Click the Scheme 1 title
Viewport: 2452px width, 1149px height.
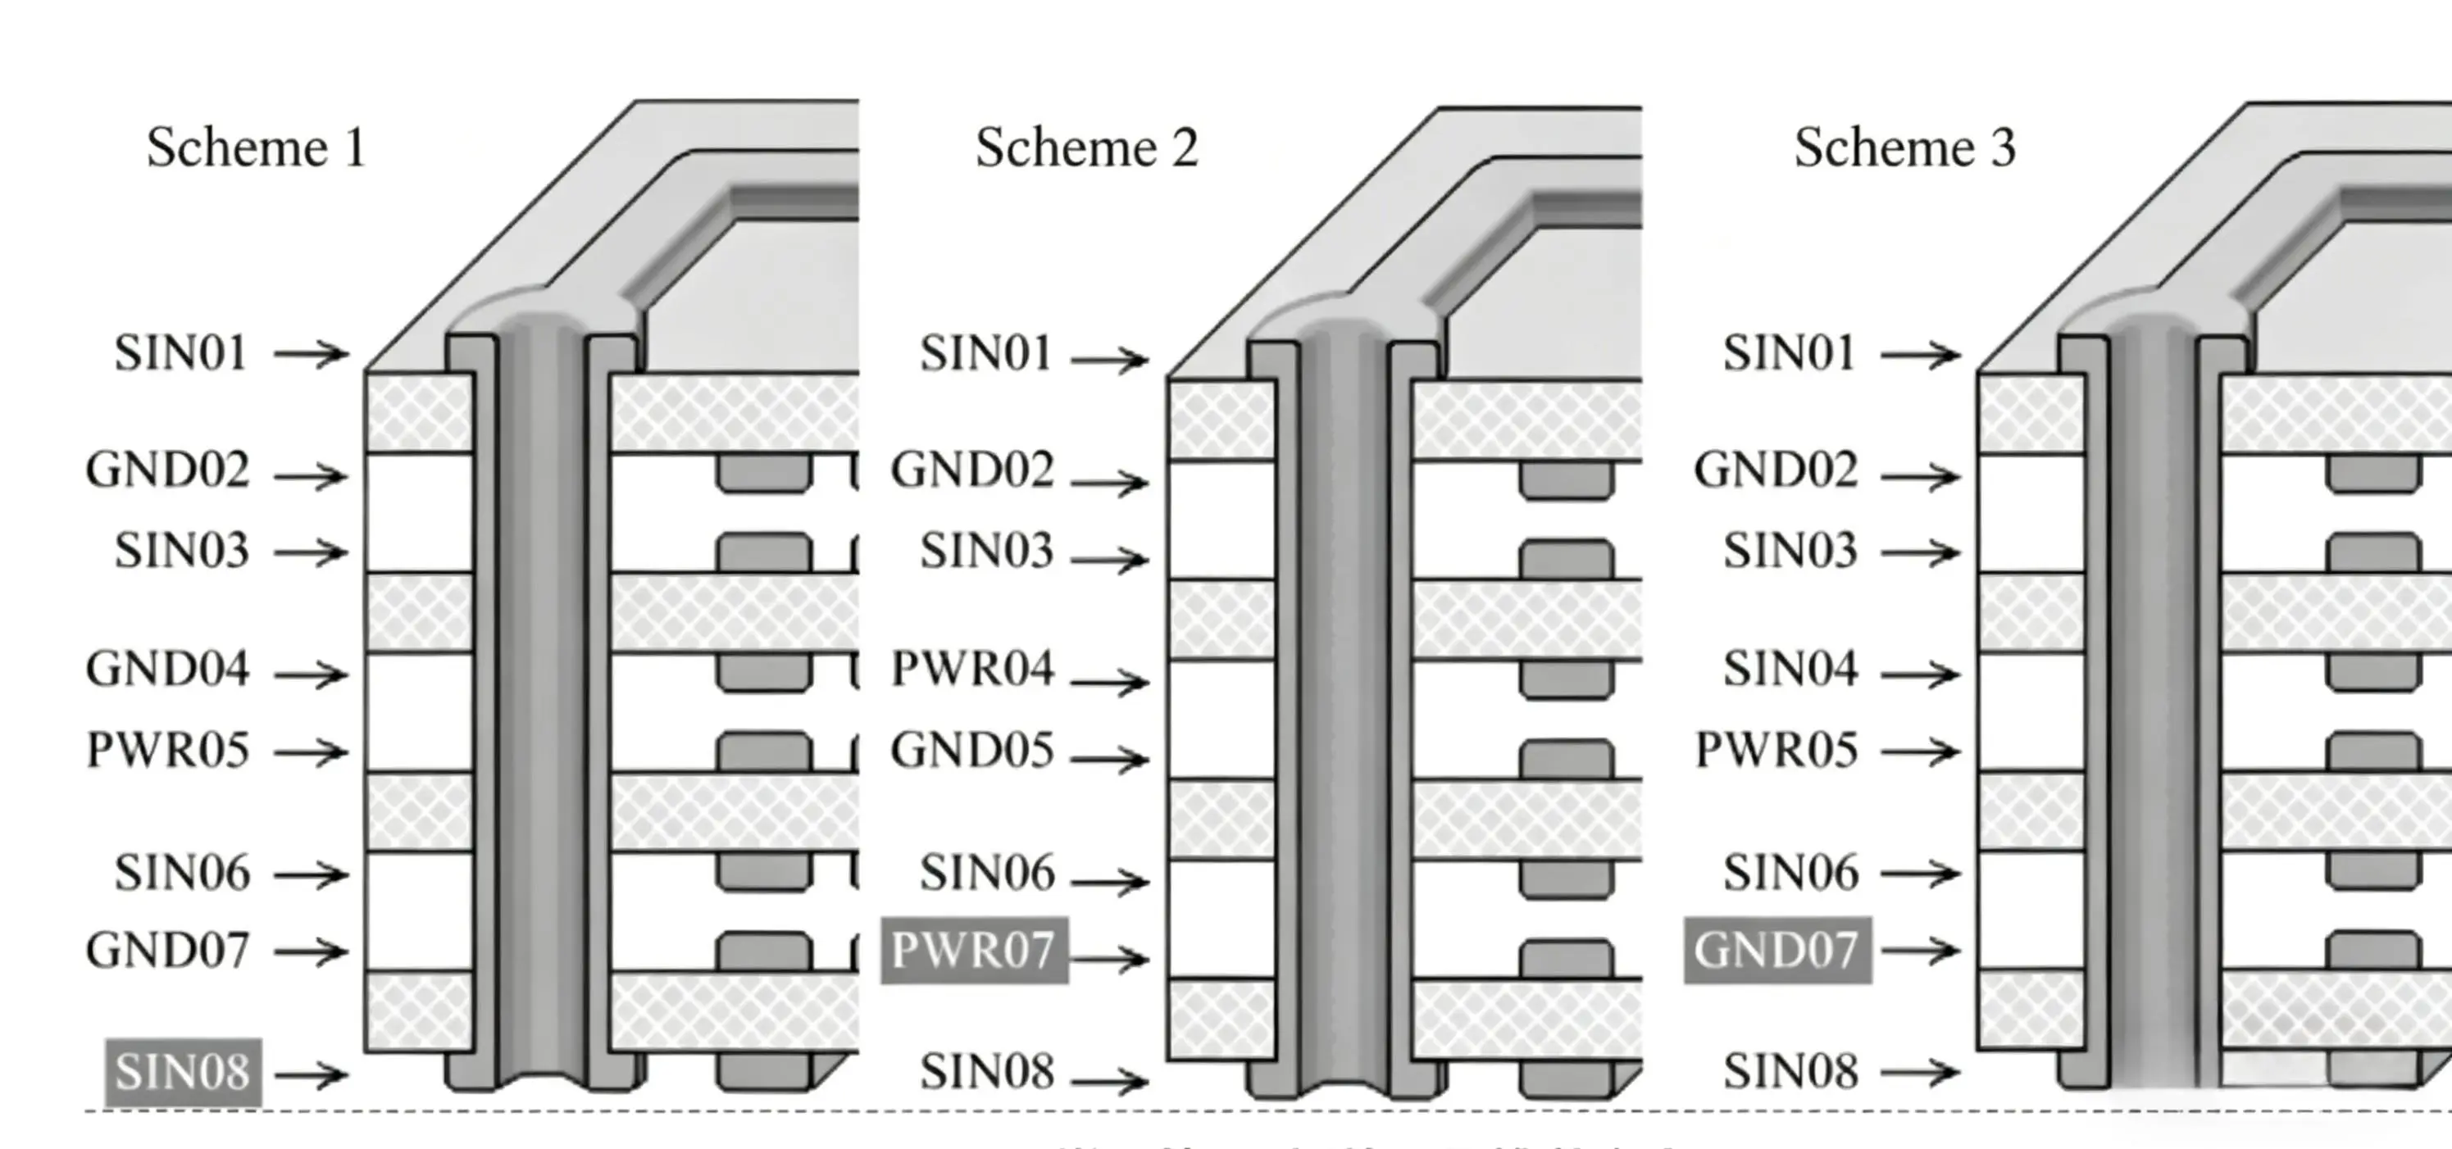pos(256,148)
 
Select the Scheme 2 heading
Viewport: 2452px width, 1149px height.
pos(1086,148)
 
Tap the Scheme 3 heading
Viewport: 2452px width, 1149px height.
pos(1904,148)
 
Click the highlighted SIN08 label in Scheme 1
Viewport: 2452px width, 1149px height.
pos(183,1073)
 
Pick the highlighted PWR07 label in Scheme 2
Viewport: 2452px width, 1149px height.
pos(974,950)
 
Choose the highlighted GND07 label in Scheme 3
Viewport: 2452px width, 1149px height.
pos(1777,950)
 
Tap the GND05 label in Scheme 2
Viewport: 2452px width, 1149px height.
pos(971,750)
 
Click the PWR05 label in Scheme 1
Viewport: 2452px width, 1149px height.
pos(167,750)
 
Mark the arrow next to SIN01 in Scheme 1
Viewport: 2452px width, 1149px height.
pos(312,354)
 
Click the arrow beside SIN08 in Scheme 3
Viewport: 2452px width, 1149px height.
pos(1920,1072)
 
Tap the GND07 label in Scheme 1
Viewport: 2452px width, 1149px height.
pos(167,950)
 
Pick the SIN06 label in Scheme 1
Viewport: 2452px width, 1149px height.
pos(183,873)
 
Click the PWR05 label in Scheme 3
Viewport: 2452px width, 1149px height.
pos(1776,750)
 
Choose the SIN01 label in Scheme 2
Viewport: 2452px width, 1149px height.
pos(986,354)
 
